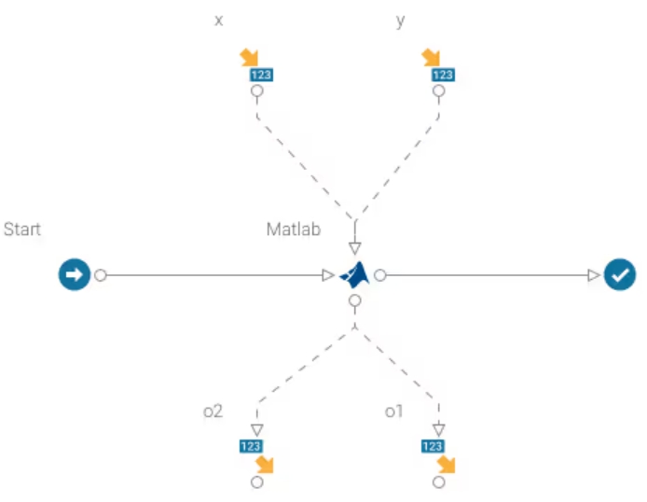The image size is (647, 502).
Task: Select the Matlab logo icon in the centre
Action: [x=354, y=275]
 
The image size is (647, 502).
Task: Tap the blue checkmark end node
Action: [x=619, y=275]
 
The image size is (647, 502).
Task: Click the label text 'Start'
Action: [x=22, y=229]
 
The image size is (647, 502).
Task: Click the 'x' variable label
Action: [x=219, y=21]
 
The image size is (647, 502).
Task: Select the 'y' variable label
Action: [x=401, y=21]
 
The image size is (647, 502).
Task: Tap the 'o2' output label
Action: [x=213, y=411]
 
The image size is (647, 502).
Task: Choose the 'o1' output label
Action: [x=394, y=411]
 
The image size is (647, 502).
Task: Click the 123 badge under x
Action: [x=261, y=75]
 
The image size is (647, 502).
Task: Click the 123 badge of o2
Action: [x=251, y=446]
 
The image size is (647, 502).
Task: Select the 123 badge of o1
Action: [x=433, y=446]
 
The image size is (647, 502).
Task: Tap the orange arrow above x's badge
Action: [x=249, y=57]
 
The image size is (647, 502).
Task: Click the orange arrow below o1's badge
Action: [x=446, y=464]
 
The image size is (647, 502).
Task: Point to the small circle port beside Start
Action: [x=101, y=275]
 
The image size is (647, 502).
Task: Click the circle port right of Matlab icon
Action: [x=380, y=275]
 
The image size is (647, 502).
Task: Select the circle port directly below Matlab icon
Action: [x=354, y=301]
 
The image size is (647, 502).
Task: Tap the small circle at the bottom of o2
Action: [x=257, y=482]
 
